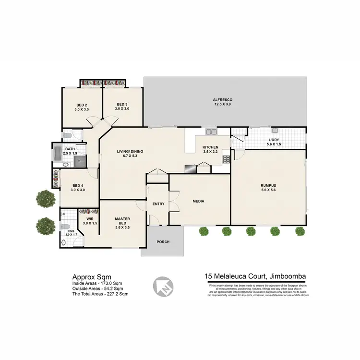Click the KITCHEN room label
tap(211, 147)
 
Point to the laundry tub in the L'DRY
tap(274, 132)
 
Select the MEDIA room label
tap(199, 202)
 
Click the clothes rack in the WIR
tap(89, 211)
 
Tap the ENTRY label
tap(158, 204)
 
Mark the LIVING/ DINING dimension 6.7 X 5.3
tap(130, 156)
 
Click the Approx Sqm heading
tap(92, 276)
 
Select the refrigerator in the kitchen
tap(190, 168)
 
